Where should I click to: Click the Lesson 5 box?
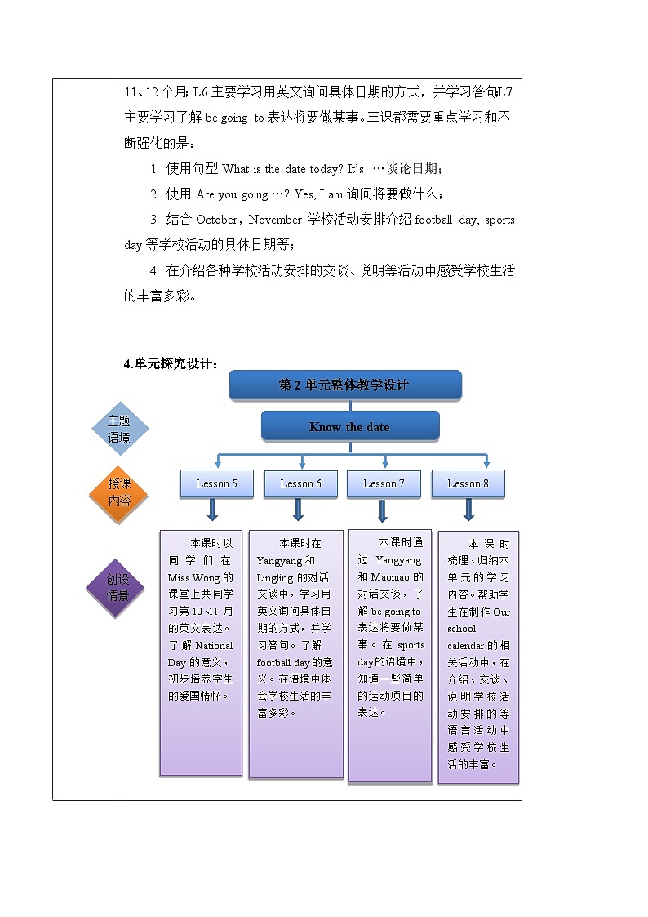point(216,483)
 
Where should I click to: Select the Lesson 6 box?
point(300,483)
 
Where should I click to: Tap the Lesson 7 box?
point(384,483)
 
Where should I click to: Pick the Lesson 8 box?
point(468,483)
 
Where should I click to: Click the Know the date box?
point(349,426)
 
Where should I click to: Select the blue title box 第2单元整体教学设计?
point(344,385)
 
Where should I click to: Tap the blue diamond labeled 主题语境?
point(119,429)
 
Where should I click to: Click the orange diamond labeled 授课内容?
point(119,492)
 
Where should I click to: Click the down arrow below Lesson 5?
point(212,511)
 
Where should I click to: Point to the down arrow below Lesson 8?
point(468,511)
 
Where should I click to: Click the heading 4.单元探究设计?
point(171,364)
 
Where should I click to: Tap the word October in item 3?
point(216,220)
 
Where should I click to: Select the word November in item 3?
point(276,220)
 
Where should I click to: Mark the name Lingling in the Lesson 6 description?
point(273,576)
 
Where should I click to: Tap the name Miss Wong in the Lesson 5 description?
point(189,576)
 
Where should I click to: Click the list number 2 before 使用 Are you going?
point(154,194)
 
